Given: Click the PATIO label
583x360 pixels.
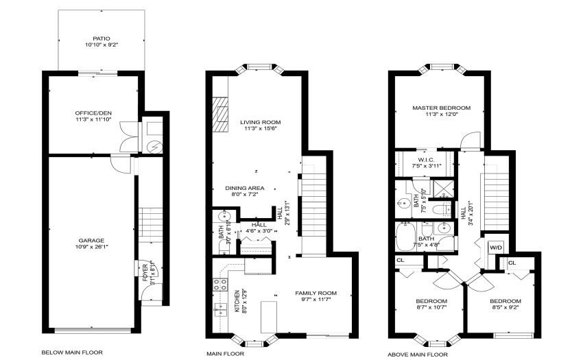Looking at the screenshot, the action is click(x=102, y=38).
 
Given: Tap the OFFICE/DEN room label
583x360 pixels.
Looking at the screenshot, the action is click(x=93, y=113).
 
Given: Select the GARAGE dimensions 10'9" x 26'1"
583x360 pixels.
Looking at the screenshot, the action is click(x=91, y=247).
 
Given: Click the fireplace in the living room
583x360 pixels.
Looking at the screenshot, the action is click(x=220, y=115).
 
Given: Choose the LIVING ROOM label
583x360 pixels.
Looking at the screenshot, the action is click(x=260, y=122).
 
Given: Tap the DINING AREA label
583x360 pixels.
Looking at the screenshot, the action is click(x=245, y=188).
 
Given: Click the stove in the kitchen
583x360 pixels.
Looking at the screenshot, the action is click(x=219, y=285).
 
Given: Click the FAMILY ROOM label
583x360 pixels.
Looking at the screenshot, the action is click(x=316, y=293).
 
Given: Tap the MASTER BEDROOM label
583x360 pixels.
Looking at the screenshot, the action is click(x=441, y=108).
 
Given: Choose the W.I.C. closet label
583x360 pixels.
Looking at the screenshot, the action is click(x=426, y=160).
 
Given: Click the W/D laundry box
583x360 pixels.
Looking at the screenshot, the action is click(x=496, y=248).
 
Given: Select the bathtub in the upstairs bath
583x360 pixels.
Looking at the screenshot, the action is click(x=404, y=237).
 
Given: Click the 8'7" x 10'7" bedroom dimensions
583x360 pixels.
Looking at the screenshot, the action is click(x=431, y=308).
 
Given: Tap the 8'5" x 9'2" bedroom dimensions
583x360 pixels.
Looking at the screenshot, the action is click(x=505, y=308).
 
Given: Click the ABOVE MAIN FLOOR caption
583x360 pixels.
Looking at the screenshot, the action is click(x=418, y=355).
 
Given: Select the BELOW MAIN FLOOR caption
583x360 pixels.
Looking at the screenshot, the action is click(x=72, y=352).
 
